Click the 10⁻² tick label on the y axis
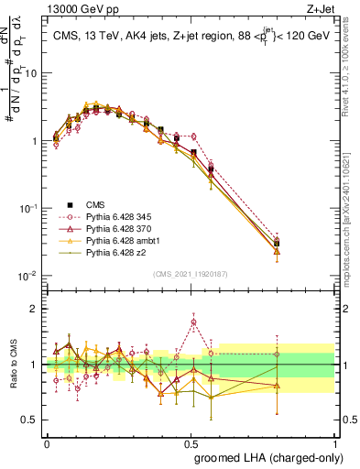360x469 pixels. (27, 276)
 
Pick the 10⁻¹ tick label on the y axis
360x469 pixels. (27, 208)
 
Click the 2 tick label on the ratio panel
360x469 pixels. (35, 309)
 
